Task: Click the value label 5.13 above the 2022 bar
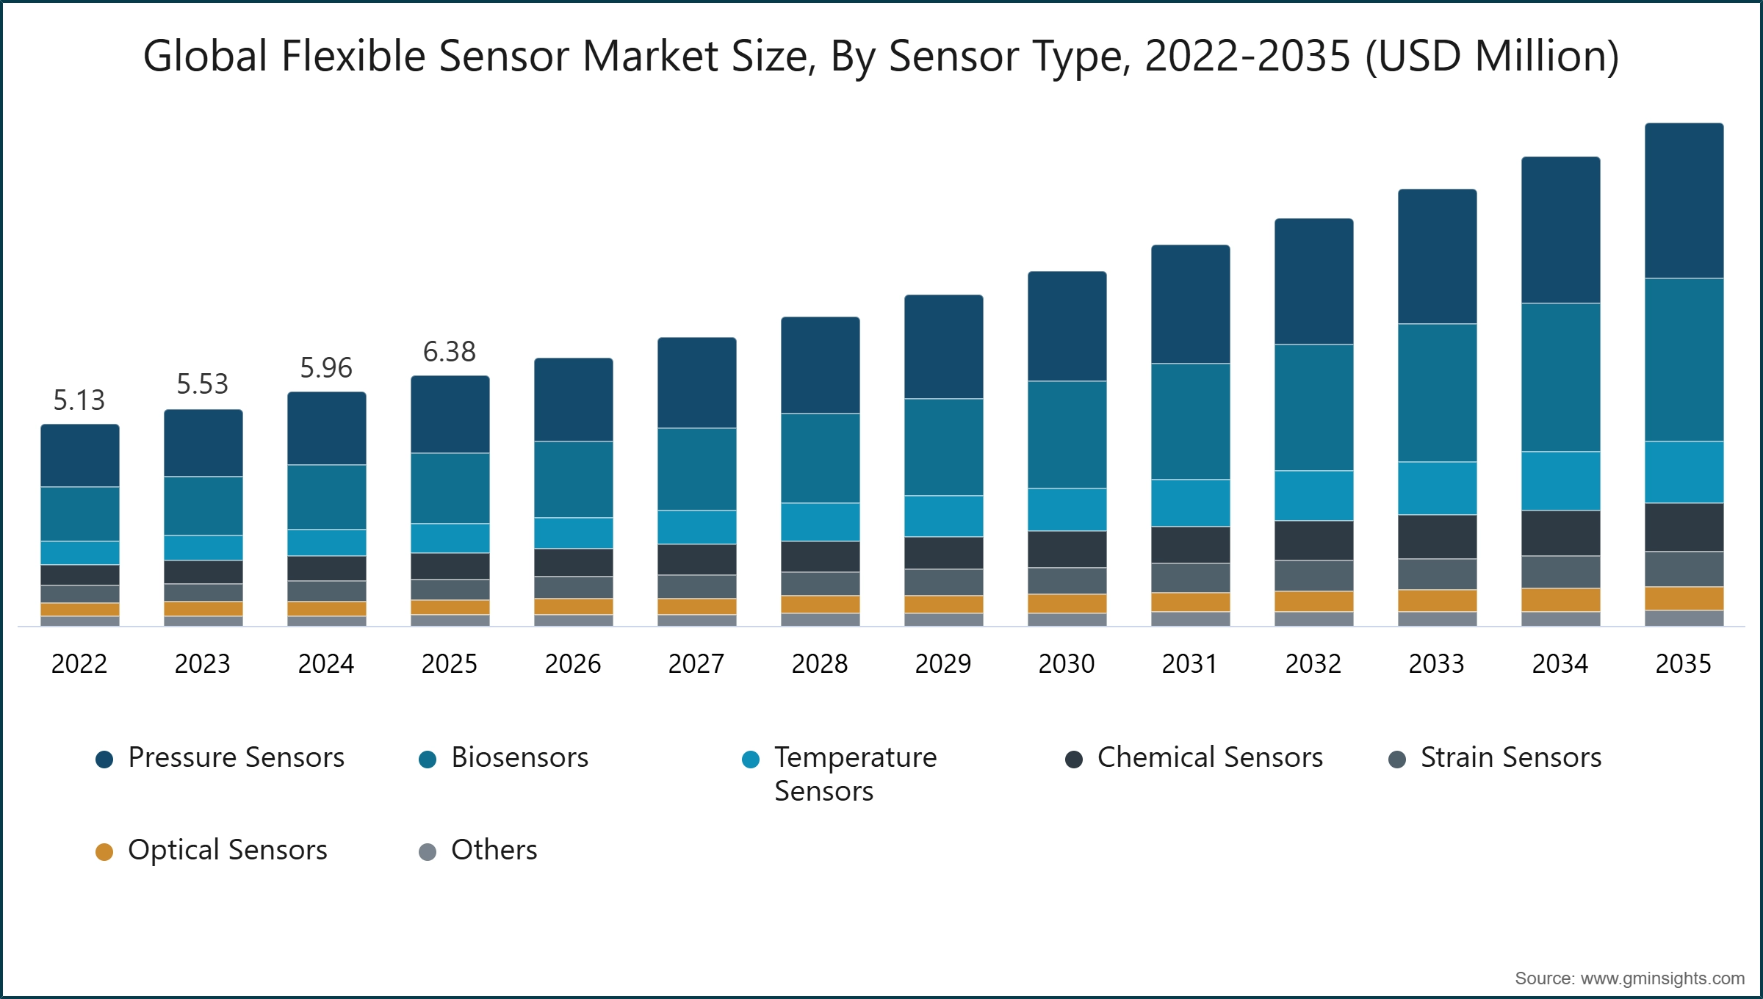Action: (x=79, y=400)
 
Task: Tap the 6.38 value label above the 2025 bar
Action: (x=450, y=352)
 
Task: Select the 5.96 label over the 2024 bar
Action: (x=326, y=368)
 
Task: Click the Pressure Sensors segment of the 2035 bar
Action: (x=1684, y=201)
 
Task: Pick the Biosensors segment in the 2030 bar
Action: (x=1067, y=434)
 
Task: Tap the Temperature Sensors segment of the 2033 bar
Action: (x=1437, y=488)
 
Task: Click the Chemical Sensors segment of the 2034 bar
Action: (x=1560, y=533)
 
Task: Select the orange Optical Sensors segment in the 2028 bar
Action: (x=820, y=604)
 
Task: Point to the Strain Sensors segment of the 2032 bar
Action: (x=1313, y=575)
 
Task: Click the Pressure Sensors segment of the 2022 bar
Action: (x=79, y=455)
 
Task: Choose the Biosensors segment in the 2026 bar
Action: (x=573, y=479)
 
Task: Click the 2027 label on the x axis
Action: (x=696, y=664)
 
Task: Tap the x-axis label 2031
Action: (x=1190, y=664)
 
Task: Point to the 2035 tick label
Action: (x=1684, y=664)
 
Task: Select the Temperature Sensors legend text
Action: (x=855, y=773)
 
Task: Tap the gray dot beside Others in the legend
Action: (x=428, y=852)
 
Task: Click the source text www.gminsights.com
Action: (x=1662, y=978)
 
